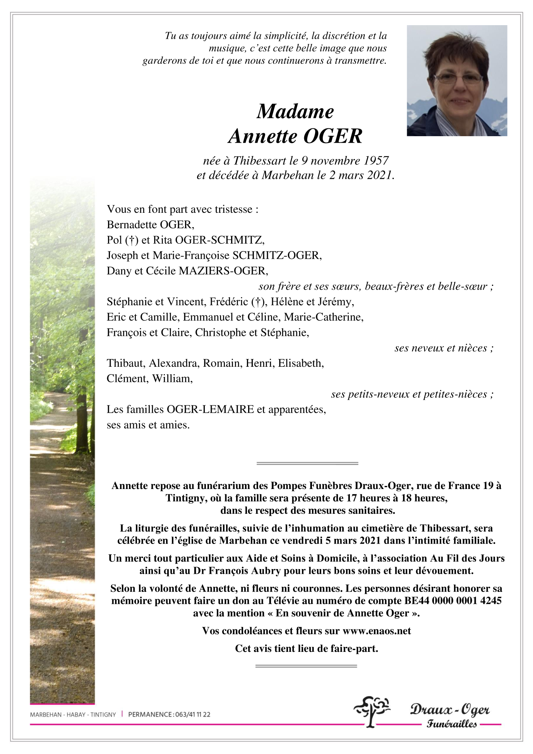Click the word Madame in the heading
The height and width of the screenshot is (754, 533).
click(295, 112)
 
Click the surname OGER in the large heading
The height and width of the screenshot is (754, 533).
click(333, 136)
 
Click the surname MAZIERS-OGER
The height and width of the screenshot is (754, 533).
click(223, 271)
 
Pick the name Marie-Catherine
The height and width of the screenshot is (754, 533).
click(323, 317)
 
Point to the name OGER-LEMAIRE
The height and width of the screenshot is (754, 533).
click(210, 409)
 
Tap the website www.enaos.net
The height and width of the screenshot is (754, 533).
click(377, 631)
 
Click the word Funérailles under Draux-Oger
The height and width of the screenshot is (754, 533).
click(451, 724)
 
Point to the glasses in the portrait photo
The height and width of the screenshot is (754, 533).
click(458, 79)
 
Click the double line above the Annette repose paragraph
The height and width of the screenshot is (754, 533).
click(307, 463)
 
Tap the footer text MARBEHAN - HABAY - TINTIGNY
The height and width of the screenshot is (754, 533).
click(73, 715)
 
